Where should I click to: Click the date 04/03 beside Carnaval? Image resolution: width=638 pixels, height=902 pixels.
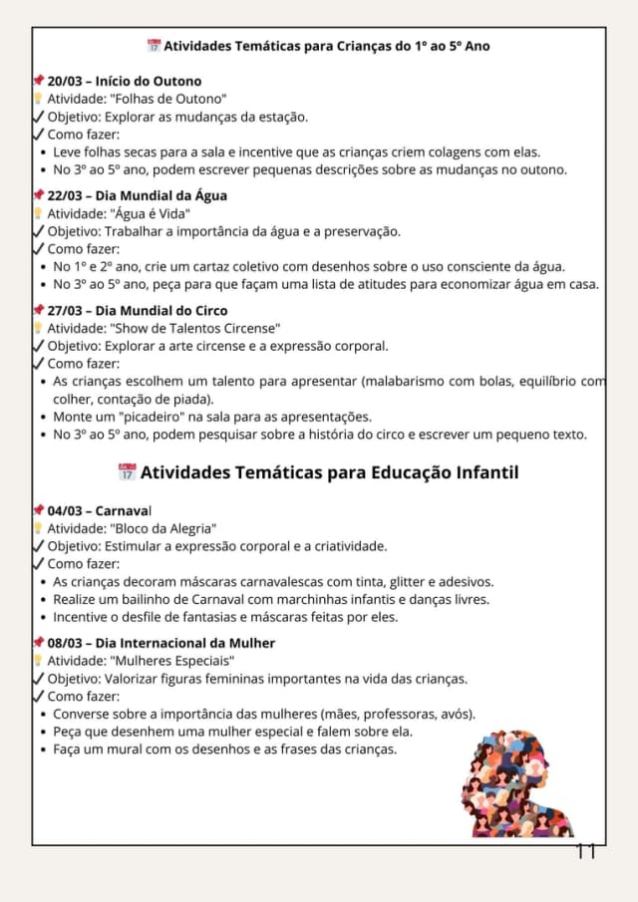[x=64, y=510]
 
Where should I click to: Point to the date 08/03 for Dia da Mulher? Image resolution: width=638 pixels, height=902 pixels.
[x=64, y=643]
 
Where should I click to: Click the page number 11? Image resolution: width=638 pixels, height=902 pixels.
[x=585, y=851]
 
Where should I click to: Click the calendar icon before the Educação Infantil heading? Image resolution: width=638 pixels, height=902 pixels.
[x=127, y=471]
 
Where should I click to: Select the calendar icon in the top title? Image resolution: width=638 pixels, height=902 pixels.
[x=154, y=46]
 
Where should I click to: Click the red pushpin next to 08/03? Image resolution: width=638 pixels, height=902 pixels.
[x=39, y=643]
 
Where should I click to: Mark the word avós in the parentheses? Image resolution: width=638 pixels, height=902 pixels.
[x=455, y=714]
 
